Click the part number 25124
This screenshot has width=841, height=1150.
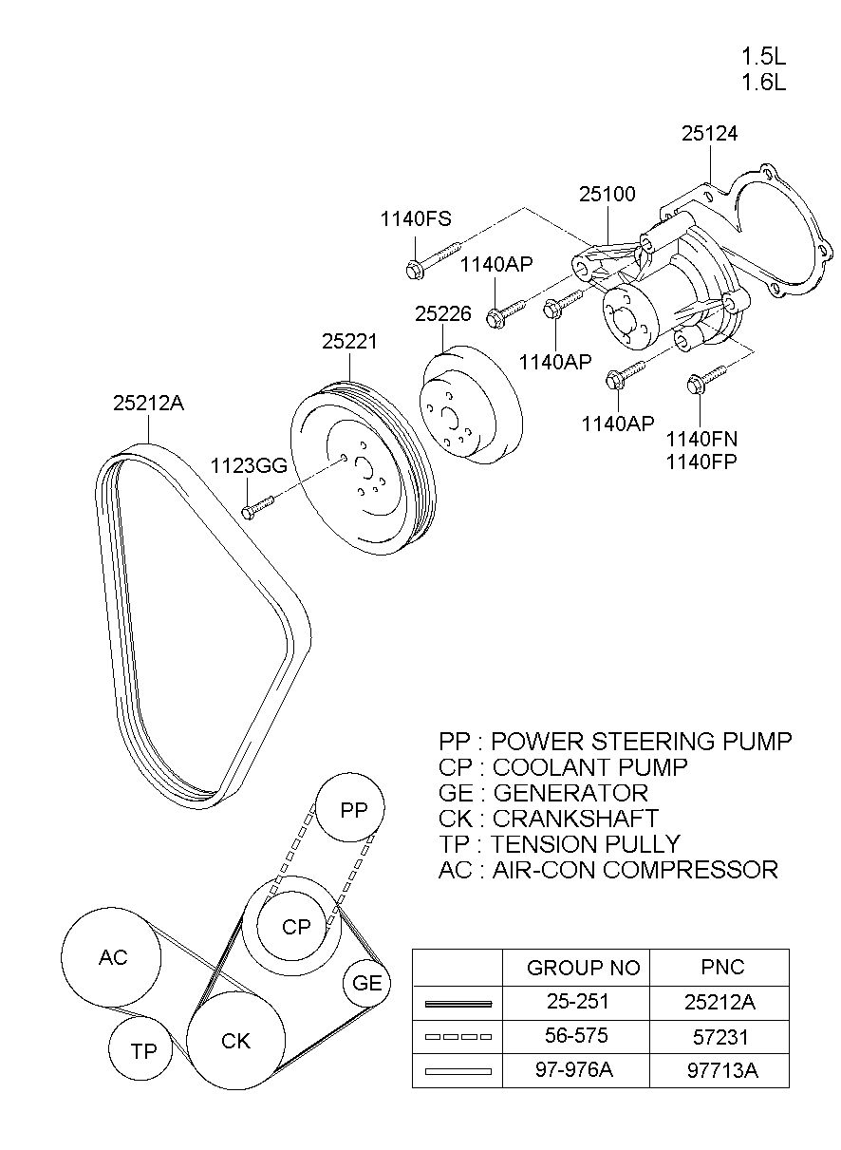[709, 134]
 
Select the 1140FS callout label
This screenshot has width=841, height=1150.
[416, 219]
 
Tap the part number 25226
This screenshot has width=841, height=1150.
[443, 313]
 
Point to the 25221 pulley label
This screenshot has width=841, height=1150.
[349, 342]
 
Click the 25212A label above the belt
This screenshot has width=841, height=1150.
[148, 404]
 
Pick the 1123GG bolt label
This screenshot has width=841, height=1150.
[249, 465]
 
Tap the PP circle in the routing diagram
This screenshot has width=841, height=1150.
[350, 807]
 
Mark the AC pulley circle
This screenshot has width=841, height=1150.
[111, 957]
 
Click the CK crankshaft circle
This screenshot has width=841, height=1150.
[235, 1040]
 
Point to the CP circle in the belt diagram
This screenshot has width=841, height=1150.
[292, 927]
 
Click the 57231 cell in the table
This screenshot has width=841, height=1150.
[719, 1037]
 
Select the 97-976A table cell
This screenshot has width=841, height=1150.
[576, 1070]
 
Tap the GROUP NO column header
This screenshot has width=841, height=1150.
[584, 968]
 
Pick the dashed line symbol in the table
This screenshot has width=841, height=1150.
[458, 1037]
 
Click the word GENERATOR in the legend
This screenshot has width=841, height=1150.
[570, 793]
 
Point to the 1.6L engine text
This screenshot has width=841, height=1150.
[763, 82]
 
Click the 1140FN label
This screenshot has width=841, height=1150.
[701, 439]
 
